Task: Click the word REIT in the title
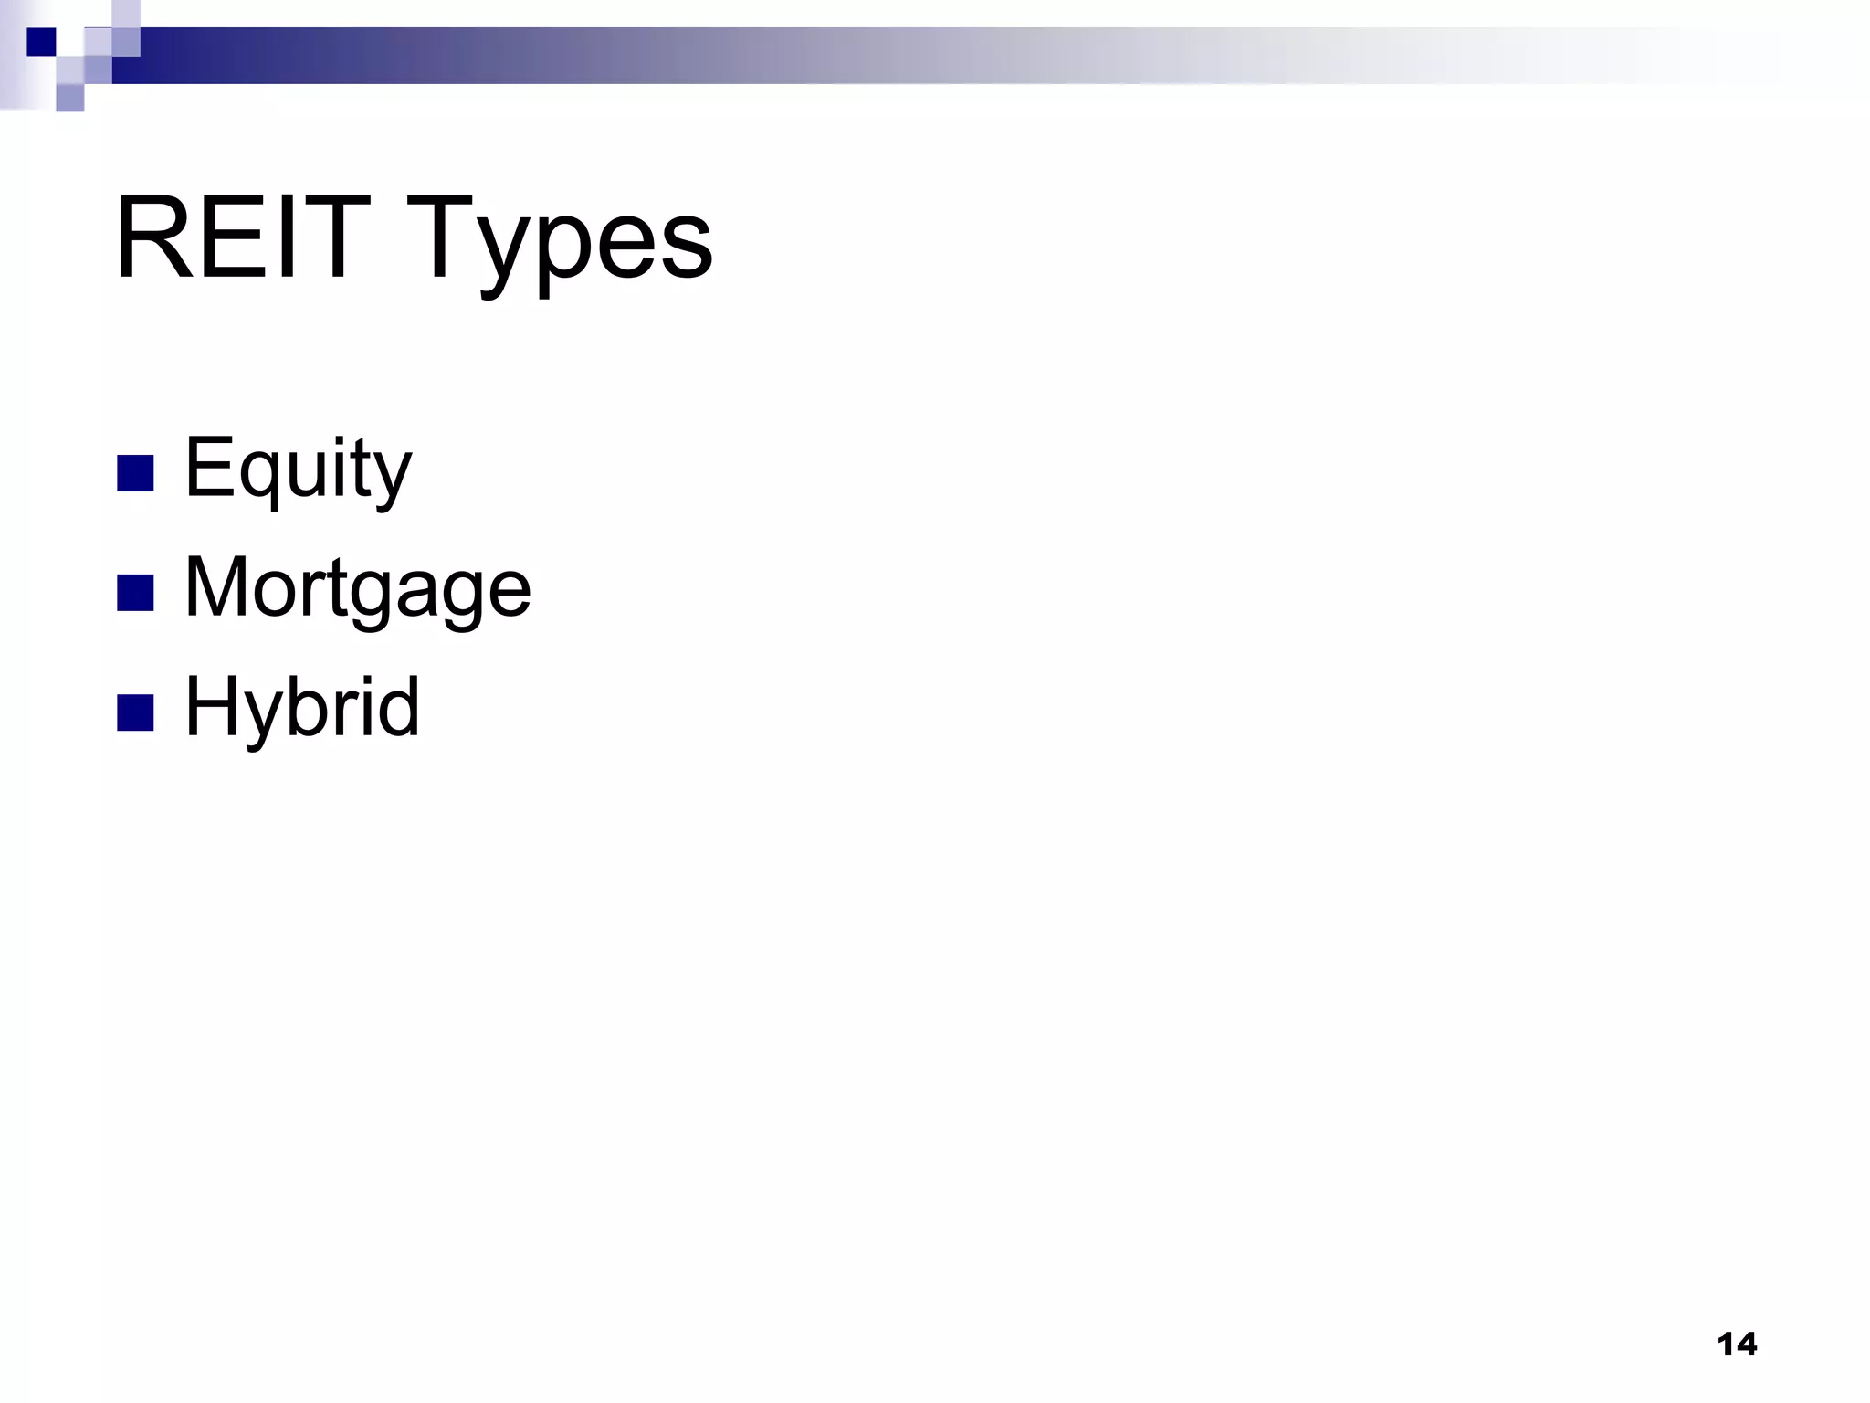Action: pyautogui.click(x=242, y=239)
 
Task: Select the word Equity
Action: pyautogui.click(x=298, y=469)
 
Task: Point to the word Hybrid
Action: pyautogui.click(x=302, y=707)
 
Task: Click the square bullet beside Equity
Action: pyautogui.click(x=135, y=473)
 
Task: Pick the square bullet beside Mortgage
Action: pyautogui.click(x=135, y=593)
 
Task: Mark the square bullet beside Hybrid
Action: pyautogui.click(x=135, y=713)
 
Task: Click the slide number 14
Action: pyautogui.click(x=1736, y=1345)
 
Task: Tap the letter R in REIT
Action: pyautogui.click(x=151, y=239)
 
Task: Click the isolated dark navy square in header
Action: pyautogui.click(x=41, y=42)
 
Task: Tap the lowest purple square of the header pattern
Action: pyautogui.click(x=69, y=98)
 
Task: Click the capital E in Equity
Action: pyautogui.click(x=206, y=467)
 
